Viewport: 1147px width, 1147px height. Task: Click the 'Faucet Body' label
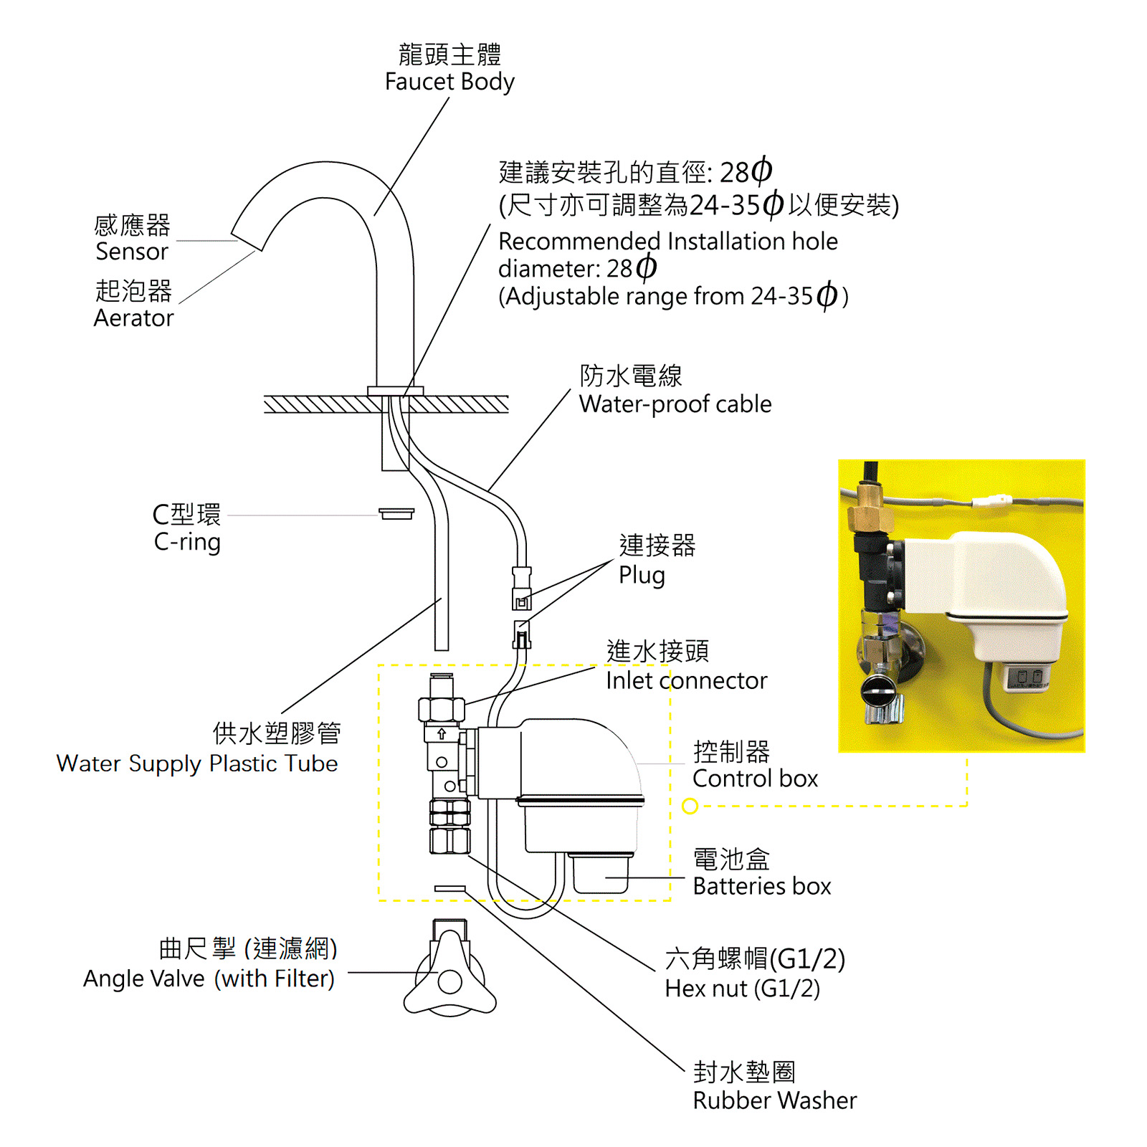(x=449, y=82)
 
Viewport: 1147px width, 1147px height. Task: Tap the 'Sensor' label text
(x=132, y=252)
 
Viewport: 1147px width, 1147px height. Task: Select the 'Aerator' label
(x=133, y=318)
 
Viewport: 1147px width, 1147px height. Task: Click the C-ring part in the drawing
(x=396, y=513)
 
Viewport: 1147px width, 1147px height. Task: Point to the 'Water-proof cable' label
(x=675, y=404)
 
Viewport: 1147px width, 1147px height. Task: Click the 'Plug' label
(x=642, y=575)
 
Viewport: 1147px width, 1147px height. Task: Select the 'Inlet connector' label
(x=686, y=680)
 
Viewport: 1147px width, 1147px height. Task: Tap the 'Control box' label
(x=755, y=779)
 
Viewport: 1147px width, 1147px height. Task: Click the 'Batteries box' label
(x=761, y=887)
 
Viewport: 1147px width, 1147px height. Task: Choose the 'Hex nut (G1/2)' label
(x=742, y=989)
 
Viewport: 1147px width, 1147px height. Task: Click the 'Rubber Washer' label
(x=774, y=1100)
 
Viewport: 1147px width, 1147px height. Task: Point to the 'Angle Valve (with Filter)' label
(x=209, y=979)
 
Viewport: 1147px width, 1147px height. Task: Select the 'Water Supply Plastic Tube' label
(x=197, y=763)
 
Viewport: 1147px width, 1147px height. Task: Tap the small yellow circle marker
(x=690, y=806)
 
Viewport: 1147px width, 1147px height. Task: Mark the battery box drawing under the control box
(x=601, y=872)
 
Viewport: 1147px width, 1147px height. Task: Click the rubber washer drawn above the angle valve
(x=449, y=889)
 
